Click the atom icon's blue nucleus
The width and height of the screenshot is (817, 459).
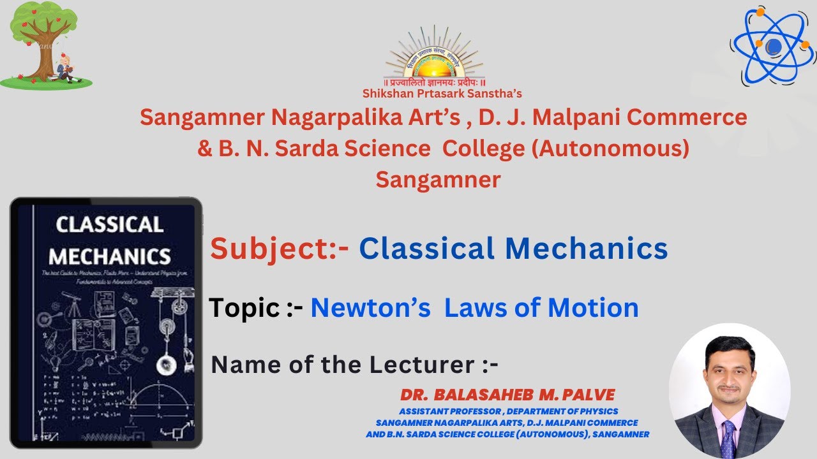773,46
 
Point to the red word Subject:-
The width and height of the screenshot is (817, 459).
280,249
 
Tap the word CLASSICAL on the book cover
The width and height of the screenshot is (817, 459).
109,224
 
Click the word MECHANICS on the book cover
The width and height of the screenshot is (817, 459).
109,256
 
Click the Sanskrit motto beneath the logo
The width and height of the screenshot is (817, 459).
434,84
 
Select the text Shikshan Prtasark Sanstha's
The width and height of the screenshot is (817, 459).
442,94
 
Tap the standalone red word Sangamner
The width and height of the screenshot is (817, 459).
438,180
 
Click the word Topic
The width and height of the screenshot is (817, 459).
244,308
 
